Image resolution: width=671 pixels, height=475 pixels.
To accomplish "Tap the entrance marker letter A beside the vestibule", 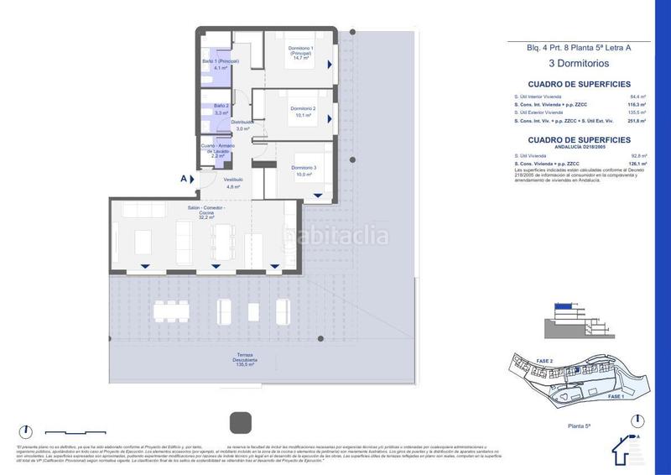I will point(184,178).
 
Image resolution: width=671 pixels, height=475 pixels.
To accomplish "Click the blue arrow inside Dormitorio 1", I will point(330,64).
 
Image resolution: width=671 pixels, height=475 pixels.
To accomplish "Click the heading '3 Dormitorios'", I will point(579,63).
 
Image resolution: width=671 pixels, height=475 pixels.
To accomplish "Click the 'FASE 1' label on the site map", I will point(615,395).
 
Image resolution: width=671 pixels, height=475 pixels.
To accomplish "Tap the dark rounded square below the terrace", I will point(240,421).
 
